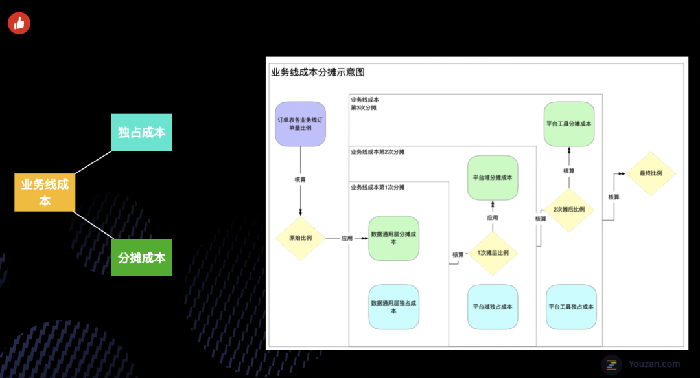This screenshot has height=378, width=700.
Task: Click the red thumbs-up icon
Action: tap(19, 23)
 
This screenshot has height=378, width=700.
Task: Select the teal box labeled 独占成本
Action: tap(141, 132)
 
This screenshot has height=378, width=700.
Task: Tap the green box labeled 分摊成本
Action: tap(141, 258)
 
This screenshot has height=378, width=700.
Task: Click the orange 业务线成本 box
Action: tap(45, 192)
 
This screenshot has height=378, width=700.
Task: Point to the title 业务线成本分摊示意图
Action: tap(318, 72)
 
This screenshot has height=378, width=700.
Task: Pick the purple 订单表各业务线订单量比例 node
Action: tap(300, 124)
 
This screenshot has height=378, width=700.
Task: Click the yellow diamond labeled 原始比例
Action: tap(300, 238)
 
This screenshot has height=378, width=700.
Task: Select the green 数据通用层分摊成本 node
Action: tap(393, 238)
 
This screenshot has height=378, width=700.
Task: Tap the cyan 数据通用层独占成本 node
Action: tap(393, 307)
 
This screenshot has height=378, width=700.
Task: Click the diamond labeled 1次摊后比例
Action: tap(493, 253)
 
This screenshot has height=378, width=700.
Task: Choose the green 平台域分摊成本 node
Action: tap(493, 177)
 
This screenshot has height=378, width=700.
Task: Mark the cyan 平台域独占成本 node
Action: tap(493, 307)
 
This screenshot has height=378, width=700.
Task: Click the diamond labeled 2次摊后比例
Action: tap(569, 210)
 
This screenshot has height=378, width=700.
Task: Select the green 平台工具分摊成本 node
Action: tap(569, 124)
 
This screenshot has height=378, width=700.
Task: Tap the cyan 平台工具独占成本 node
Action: tap(570, 307)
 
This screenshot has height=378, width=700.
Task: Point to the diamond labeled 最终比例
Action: tap(650, 173)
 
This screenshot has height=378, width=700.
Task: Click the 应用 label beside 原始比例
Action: tap(347, 238)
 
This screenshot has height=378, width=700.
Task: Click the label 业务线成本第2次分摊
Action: tap(377, 152)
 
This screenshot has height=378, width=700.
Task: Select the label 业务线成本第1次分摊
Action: tap(377, 188)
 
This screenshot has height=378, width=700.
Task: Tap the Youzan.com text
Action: tap(654, 364)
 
